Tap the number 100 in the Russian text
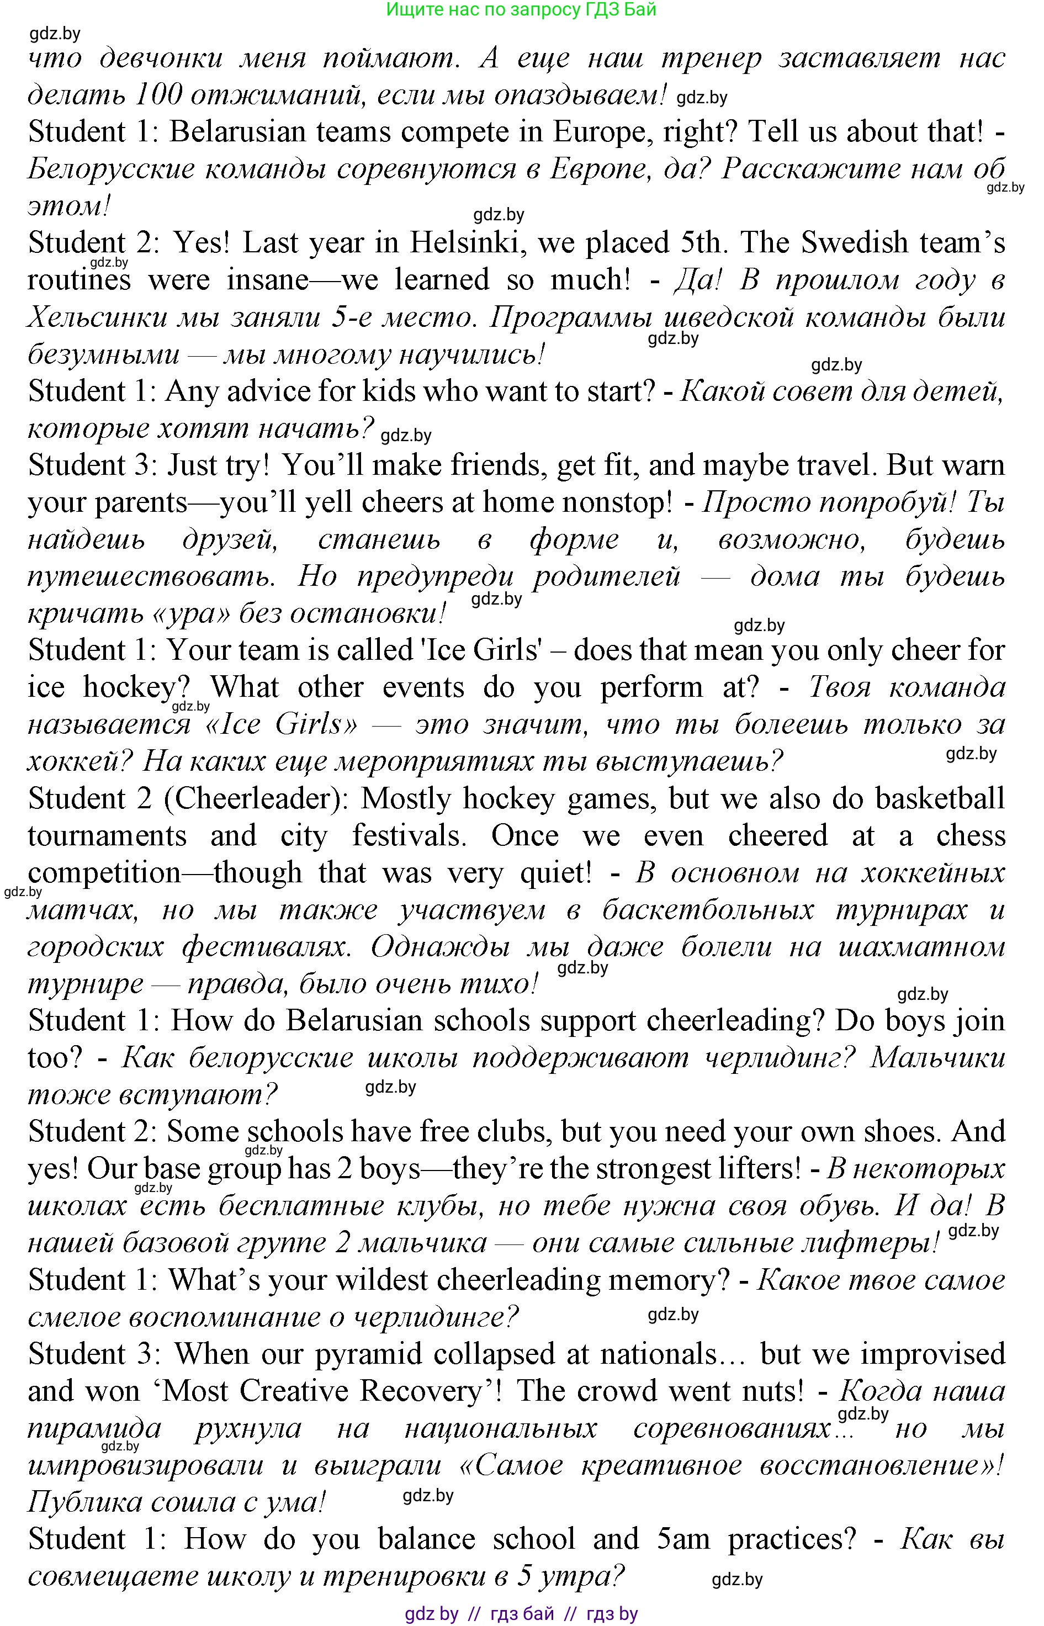click(x=158, y=95)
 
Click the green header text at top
click(x=521, y=9)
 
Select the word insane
click(x=268, y=280)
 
